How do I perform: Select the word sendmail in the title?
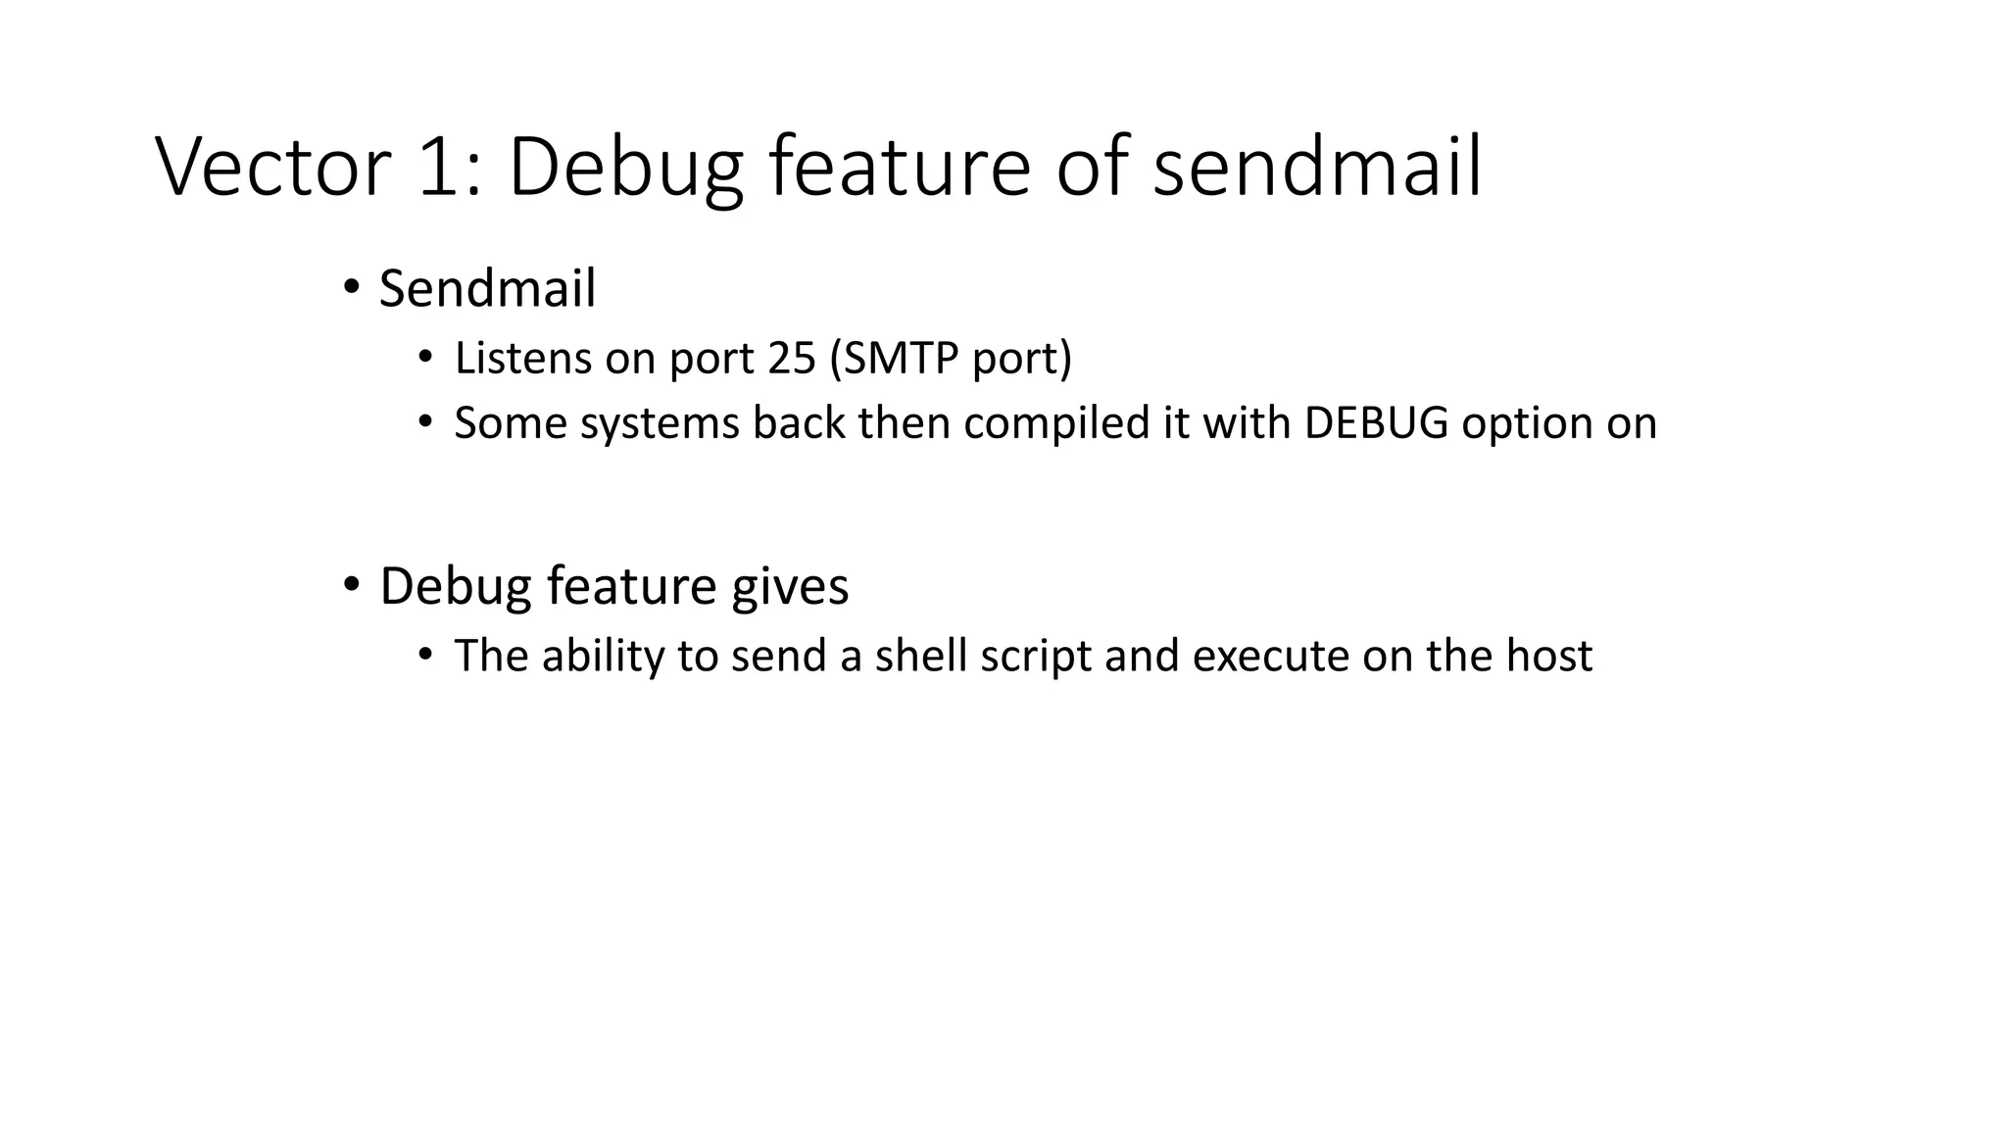[x=1316, y=167]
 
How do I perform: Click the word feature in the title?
[x=899, y=167]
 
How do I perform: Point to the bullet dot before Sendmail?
[x=351, y=288]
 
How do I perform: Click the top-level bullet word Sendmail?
[x=487, y=289]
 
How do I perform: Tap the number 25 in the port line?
[x=792, y=359]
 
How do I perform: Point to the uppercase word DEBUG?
[x=1376, y=423]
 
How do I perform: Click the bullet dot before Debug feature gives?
[x=351, y=585]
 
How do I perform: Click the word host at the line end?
[x=1549, y=656]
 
